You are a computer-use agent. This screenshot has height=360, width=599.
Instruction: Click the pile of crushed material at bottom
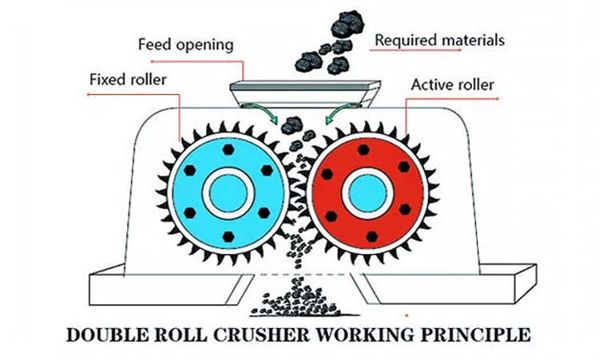298,304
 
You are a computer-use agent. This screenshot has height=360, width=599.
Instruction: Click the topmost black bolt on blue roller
229,148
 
